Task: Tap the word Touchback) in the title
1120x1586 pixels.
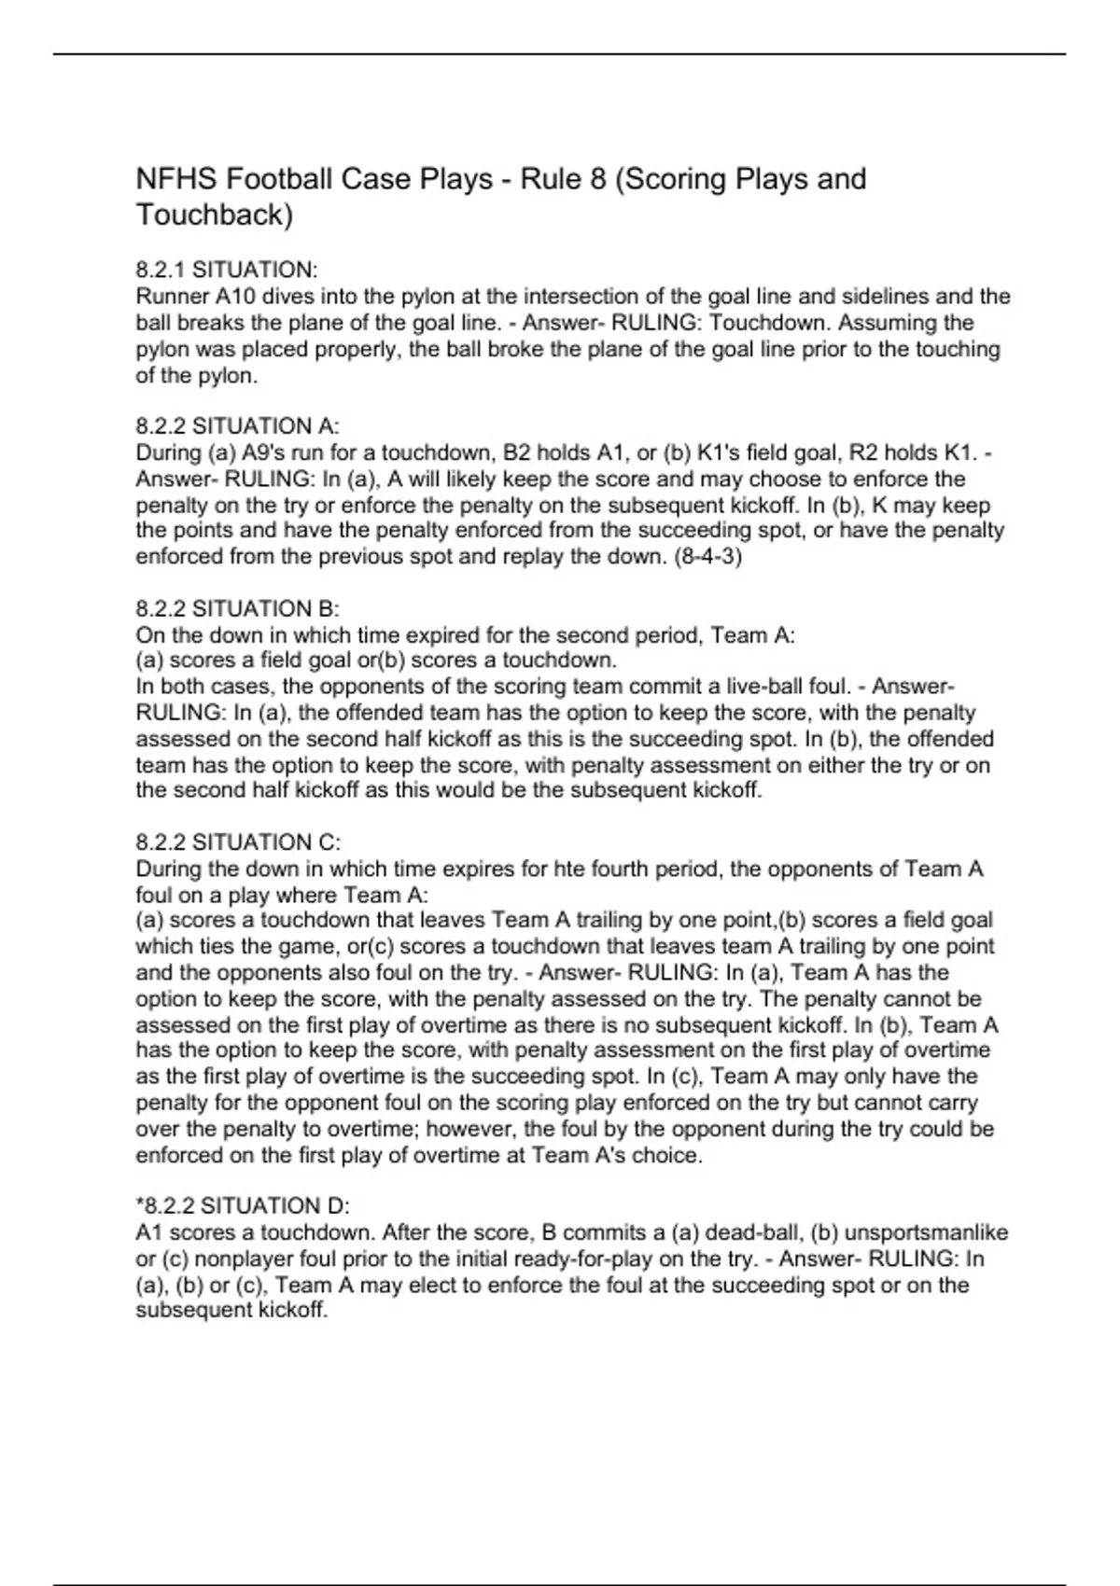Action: pyautogui.click(x=215, y=215)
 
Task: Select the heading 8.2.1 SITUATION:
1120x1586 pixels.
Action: pyautogui.click(x=227, y=271)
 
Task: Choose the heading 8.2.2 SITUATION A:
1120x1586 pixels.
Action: pyautogui.click(x=237, y=426)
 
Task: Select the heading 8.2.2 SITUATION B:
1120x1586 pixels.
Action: pyautogui.click(x=237, y=609)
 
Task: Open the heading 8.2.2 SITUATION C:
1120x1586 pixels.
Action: pyautogui.click(x=238, y=842)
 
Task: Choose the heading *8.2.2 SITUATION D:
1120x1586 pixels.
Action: pyautogui.click(x=243, y=1206)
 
